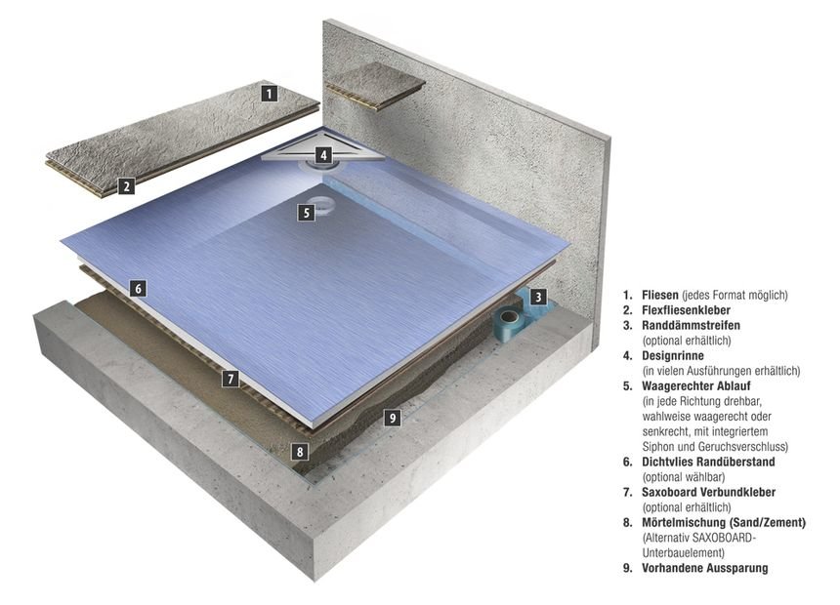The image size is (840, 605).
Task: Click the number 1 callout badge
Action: [270, 94]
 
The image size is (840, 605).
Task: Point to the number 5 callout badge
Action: [306, 212]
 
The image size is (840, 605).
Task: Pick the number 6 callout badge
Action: [139, 289]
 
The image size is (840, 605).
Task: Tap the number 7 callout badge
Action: [231, 379]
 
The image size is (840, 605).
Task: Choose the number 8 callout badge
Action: [300, 451]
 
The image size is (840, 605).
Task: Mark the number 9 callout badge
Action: [392, 418]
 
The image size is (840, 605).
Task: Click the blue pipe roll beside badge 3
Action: [509, 321]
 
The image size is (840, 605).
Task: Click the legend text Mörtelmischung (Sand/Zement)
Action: [724, 523]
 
